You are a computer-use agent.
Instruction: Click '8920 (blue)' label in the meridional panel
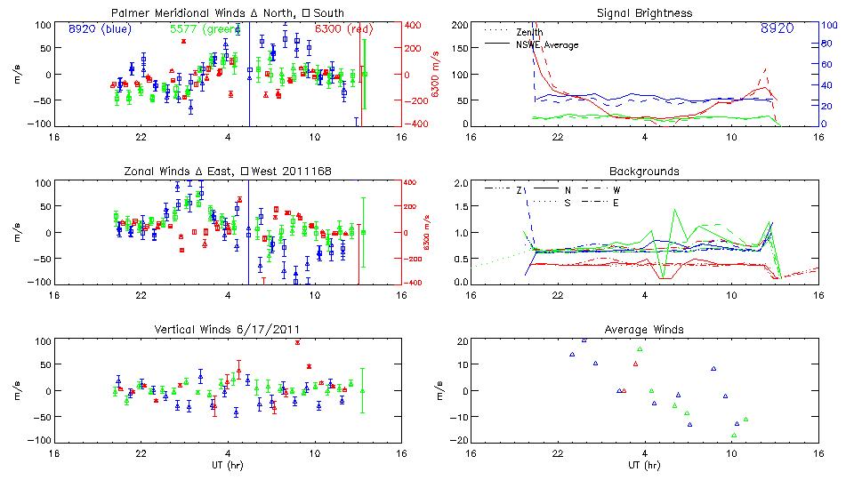click(100, 29)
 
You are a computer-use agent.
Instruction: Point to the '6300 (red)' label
click(344, 29)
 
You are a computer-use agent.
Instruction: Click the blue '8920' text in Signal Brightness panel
click(777, 29)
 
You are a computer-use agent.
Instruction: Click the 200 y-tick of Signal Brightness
click(459, 25)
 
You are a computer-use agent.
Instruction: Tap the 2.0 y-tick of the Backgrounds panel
click(461, 183)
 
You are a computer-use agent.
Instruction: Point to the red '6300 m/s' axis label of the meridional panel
click(436, 75)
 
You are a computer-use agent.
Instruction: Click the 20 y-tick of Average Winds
click(463, 341)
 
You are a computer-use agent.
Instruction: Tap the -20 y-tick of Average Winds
click(460, 440)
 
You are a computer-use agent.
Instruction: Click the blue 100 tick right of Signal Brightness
click(827, 25)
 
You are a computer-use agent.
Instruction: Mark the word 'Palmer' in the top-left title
click(129, 13)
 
